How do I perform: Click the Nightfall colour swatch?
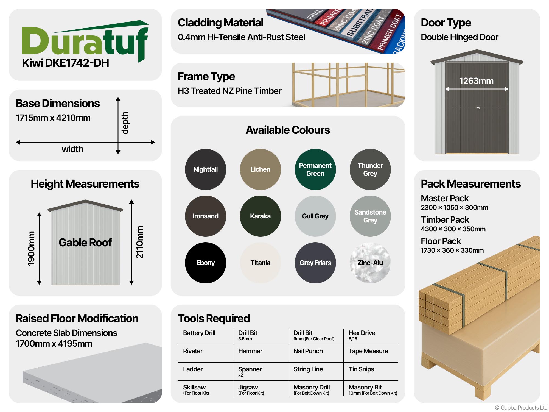point(205,169)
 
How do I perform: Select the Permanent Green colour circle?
point(315,169)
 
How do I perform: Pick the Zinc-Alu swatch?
point(370,263)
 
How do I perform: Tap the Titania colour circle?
point(260,263)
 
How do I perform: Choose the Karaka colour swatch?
point(260,216)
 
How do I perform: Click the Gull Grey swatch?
point(315,216)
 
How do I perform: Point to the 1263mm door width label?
point(476,81)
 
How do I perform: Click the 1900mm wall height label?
point(31,249)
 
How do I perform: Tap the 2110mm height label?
point(140,242)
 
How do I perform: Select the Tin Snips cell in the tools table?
point(361,369)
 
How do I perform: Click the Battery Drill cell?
point(199,333)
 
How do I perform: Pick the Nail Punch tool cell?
point(308,351)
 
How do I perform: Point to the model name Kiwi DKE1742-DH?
point(65,63)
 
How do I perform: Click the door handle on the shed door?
point(478,108)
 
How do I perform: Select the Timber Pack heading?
point(445,220)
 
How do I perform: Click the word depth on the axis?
point(125,123)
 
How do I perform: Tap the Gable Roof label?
point(85,243)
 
